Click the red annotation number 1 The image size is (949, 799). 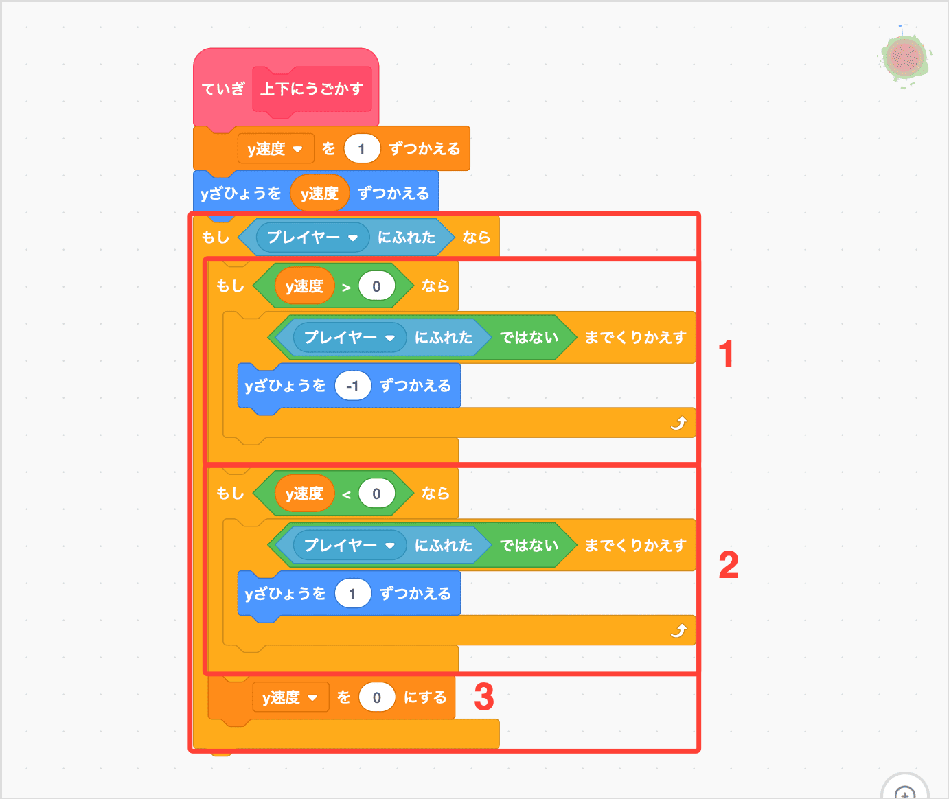click(726, 354)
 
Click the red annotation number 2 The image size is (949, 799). click(729, 565)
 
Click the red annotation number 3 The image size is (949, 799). click(484, 697)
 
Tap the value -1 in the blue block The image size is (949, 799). click(353, 386)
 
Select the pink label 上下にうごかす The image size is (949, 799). click(312, 89)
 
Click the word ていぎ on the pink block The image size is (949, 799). click(223, 89)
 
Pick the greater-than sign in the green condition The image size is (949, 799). click(346, 287)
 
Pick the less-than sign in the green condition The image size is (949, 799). click(346, 494)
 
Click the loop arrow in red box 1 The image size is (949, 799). click(678, 423)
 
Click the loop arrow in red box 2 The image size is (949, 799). click(678, 630)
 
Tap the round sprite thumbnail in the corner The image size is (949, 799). click(905, 58)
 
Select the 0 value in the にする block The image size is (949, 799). click(376, 697)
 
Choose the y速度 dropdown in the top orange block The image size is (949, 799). click(275, 149)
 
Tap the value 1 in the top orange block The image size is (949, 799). click(361, 149)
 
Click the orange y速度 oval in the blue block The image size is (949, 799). click(319, 194)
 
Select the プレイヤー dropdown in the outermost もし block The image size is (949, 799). click(312, 238)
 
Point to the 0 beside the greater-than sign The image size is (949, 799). click(376, 287)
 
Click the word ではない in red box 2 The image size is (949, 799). click(529, 545)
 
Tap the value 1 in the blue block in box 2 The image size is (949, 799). click(352, 593)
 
